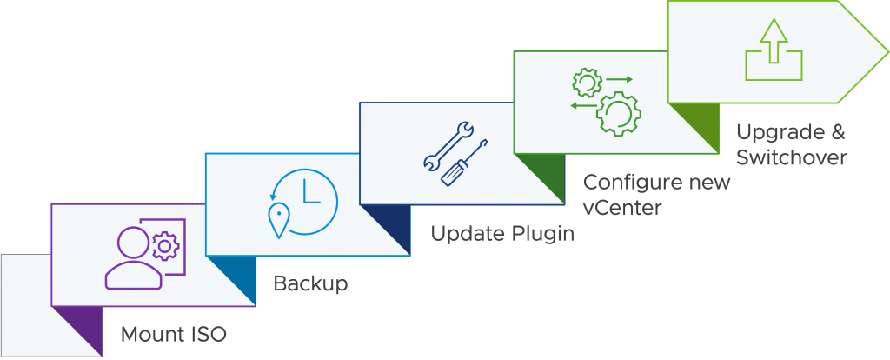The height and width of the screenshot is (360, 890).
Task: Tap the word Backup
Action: tap(310, 283)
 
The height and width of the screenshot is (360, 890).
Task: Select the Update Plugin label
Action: tap(503, 233)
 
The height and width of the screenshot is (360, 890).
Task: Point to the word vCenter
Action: tap(621, 208)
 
